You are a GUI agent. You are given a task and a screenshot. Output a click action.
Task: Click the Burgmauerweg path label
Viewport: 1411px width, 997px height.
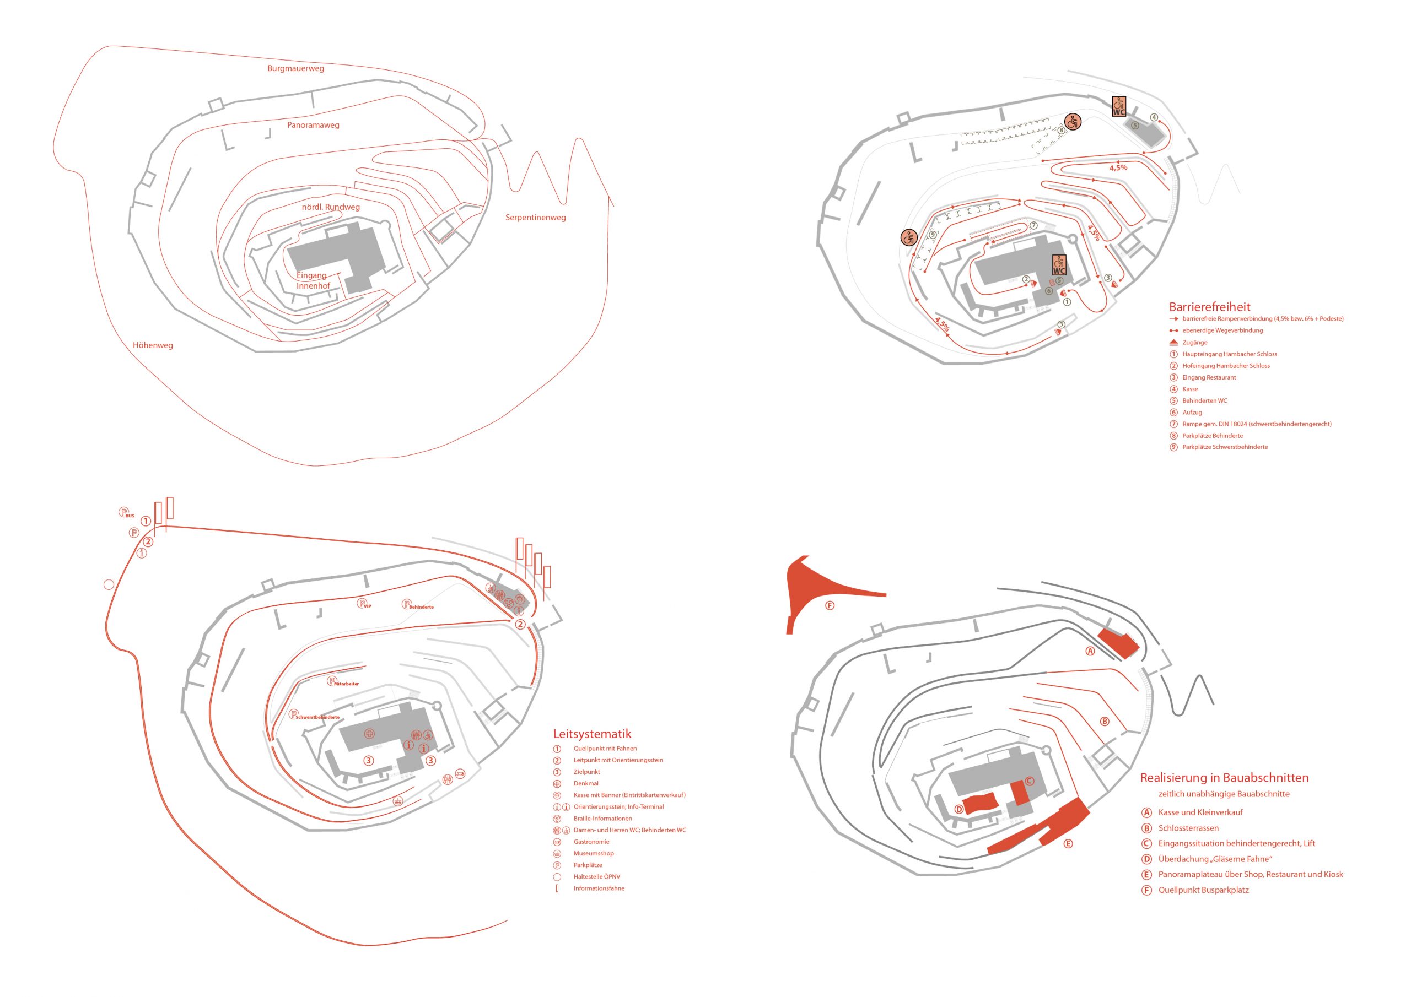point(295,68)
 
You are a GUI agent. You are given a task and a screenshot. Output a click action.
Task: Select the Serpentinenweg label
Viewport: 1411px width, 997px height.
point(535,218)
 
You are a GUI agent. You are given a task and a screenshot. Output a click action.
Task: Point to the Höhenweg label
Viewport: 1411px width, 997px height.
point(153,345)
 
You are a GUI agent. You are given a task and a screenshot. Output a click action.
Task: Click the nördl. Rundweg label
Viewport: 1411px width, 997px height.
point(331,207)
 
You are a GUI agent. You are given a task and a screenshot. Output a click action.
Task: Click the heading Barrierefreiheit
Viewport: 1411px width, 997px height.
point(1209,306)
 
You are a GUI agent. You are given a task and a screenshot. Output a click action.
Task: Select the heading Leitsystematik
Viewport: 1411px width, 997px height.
point(592,734)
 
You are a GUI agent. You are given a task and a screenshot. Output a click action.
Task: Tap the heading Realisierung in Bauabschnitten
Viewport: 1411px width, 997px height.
point(1224,778)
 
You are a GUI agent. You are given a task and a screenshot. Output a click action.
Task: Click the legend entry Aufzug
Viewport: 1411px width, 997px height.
point(1192,412)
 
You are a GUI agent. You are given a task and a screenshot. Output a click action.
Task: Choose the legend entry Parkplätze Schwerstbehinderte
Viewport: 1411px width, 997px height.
point(1224,447)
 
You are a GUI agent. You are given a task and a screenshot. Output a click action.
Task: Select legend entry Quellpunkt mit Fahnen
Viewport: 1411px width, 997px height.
point(605,749)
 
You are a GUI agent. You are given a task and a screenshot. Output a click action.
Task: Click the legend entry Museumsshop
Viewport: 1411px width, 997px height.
point(593,853)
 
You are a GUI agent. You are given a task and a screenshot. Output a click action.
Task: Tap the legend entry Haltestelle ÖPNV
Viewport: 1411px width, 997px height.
point(596,876)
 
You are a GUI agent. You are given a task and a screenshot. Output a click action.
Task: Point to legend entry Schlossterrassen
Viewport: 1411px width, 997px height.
point(1188,828)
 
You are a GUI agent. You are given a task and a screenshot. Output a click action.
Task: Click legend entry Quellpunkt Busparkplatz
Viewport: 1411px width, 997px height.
point(1203,890)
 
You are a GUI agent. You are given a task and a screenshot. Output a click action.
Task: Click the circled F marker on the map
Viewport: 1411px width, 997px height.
point(830,606)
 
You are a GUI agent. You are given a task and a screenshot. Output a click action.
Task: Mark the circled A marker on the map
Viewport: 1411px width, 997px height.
point(1090,651)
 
